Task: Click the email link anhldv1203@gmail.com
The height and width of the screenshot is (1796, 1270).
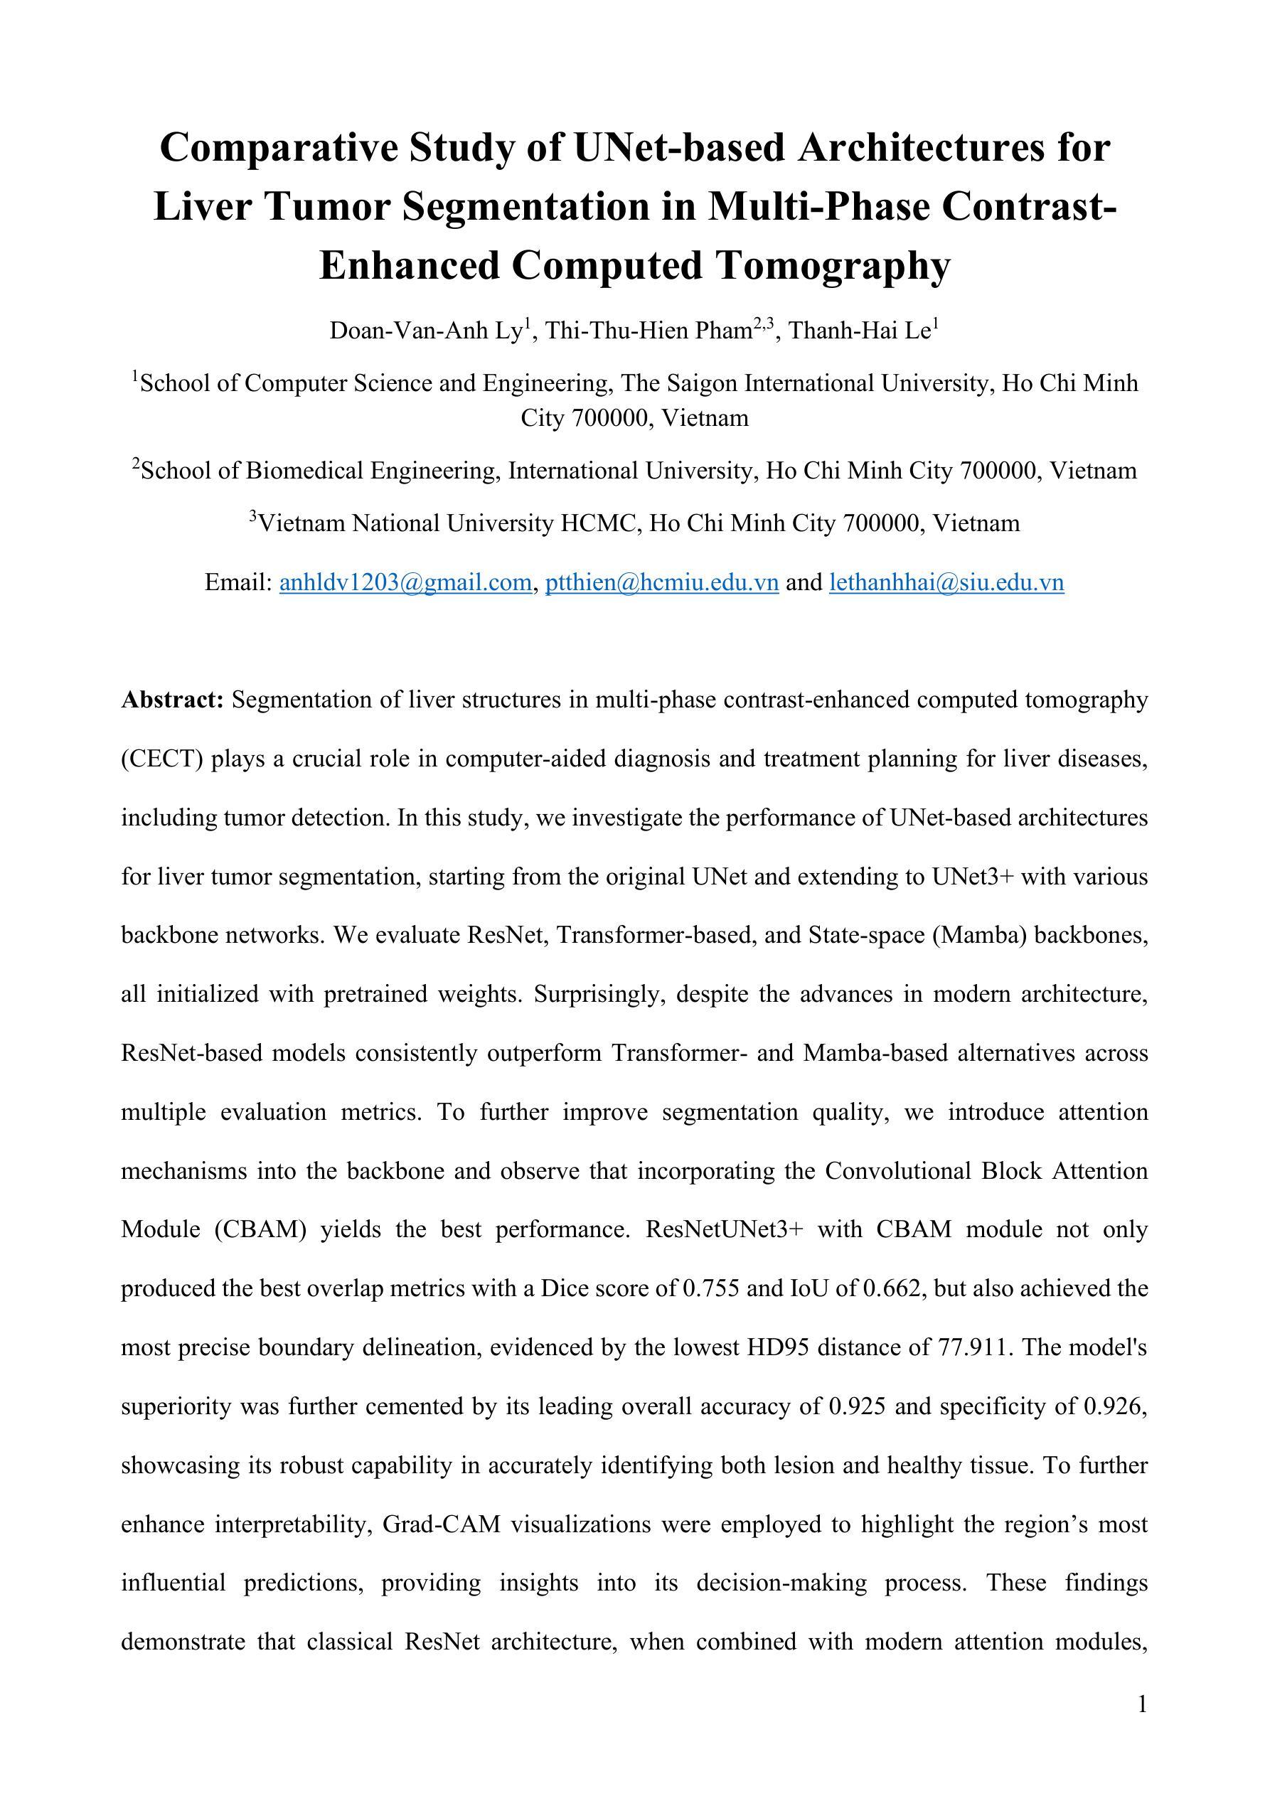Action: pos(405,583)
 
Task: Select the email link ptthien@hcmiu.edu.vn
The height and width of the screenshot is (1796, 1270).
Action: pos(661,583)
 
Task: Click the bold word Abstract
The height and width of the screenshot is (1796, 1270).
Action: pos(173,700)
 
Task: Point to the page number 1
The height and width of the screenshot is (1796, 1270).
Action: pos(1143,1704)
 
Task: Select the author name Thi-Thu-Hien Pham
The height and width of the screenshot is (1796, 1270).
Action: pos(649,331)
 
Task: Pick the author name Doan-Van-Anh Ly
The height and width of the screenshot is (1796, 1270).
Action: pos(426,331)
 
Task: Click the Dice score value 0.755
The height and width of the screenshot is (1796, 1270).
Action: pos(710,1288)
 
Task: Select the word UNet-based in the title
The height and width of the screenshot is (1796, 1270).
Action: pos(678,148)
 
